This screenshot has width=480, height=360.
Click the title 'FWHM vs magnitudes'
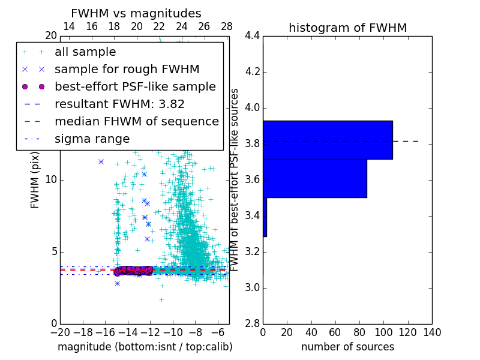click(x=136, y=13)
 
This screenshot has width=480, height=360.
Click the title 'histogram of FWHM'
click(x=347, y=28)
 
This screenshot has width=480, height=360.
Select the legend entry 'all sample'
click(x=85, y=52)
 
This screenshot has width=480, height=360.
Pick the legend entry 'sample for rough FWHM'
click(x=127, y=69)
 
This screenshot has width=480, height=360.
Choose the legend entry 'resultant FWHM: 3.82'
click(x=119, y=104)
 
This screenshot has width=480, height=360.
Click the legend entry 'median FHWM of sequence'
click(x=136, y=121)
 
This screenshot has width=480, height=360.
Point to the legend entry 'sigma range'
click(x=92, y=139)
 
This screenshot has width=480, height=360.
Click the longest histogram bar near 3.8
click(x=328, y=140)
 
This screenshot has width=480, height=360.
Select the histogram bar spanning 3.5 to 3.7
click(x=315, y=178)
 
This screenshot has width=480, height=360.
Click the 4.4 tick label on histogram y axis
click(x=253, y=36)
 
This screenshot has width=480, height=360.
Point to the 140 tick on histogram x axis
click(x=431, y=332)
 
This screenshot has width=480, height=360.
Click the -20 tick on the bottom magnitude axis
click(x=60, y=332)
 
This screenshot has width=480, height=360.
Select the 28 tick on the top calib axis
click(x=227, y=26)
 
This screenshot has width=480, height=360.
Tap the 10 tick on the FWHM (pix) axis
click(x=51, y=180)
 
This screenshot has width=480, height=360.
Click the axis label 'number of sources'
click(x=347, y=347)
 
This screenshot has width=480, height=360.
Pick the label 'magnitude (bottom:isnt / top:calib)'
click(x=145, y=347)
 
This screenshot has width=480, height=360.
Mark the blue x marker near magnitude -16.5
click(x=101, y=161)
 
